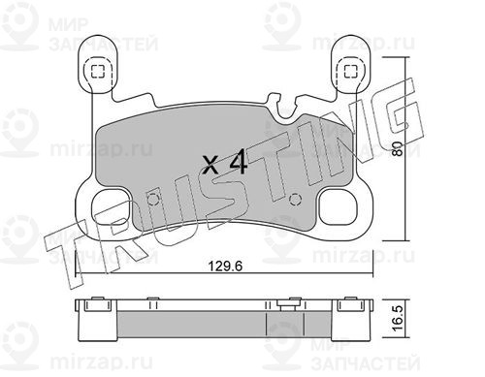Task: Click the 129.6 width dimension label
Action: (x=225, y=267)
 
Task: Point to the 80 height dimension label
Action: (x=399, y=148)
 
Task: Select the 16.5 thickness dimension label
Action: (x=399, y=319)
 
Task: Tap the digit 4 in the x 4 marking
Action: (x=239, y=163)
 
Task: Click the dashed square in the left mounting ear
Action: (x=97, y=72)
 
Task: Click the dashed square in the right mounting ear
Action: (x=351, y=72)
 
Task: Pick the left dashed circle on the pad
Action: (x=152, y=199)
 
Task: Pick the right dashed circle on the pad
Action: (x=295, y=199)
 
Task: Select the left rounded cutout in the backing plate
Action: (x=111, y=207)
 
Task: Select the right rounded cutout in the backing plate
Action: (x=338, y=207)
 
